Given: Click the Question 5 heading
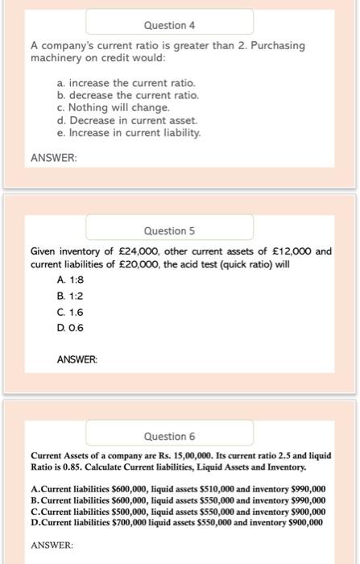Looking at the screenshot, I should click(169, 230).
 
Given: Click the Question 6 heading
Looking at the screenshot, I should click(169, 436).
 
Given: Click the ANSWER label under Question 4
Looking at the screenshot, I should click(53, 158).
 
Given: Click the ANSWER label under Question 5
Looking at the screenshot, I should click(77, 359).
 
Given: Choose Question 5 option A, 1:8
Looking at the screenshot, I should click(71, 279).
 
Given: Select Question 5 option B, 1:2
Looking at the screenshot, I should click(71, 295).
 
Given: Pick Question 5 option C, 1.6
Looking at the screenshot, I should click(71, 311).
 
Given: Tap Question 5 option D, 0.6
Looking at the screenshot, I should click(71, 327).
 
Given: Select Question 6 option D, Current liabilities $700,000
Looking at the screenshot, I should click(176, 521).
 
